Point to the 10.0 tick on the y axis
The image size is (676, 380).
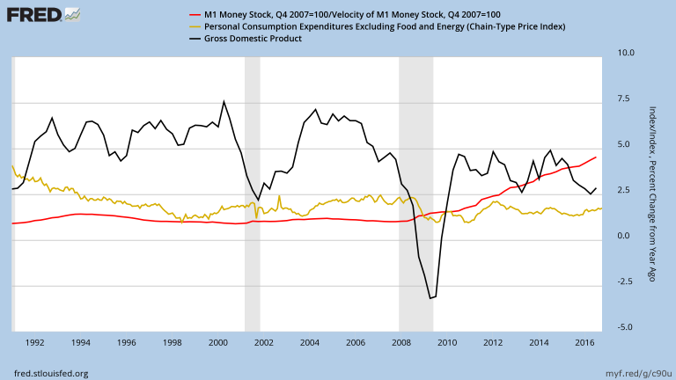point(627,53)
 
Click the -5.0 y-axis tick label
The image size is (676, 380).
point(627,327)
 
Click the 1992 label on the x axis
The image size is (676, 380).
point(35,341)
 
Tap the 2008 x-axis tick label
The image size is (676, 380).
point(401,341)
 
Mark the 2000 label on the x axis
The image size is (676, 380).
point(218,341)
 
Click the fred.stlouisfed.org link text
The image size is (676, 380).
point(51,373)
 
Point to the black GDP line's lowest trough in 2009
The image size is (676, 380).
point(430,298)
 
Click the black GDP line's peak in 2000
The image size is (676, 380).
point(224,101)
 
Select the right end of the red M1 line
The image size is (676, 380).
point(597,157)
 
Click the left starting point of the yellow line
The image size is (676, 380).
point(12,165)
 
